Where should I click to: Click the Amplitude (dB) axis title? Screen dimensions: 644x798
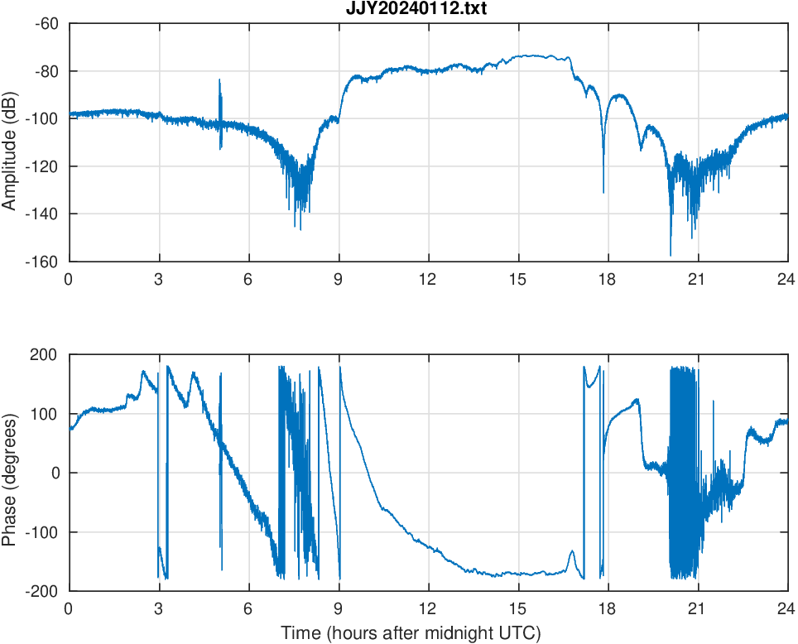tap(10, 142)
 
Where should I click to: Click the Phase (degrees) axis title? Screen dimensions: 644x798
tap(10, 473)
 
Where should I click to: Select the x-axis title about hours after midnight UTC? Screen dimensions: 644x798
tap(411, 633)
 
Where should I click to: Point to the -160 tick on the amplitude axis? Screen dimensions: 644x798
tap(45, 262)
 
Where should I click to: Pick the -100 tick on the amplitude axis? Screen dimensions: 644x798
tap(45, 118)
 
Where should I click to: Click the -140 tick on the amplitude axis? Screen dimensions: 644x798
tap(45, 214)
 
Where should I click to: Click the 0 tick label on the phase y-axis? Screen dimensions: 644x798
tap(57, 473)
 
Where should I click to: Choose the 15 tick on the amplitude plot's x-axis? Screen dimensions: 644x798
tap(518, 279)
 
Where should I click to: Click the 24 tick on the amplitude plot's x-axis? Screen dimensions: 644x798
tap(786, 279)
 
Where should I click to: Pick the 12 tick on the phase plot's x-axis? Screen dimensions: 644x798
tap(428, 608)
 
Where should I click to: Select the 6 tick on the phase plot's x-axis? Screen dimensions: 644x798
tap(248, 608)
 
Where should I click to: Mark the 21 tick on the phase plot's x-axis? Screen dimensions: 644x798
tap(698, 608)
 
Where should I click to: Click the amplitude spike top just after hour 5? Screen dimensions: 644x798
tap(219, 80)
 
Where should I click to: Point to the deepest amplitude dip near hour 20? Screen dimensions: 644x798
tap(671, 255)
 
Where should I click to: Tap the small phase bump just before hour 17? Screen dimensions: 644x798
tap(571, 551)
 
